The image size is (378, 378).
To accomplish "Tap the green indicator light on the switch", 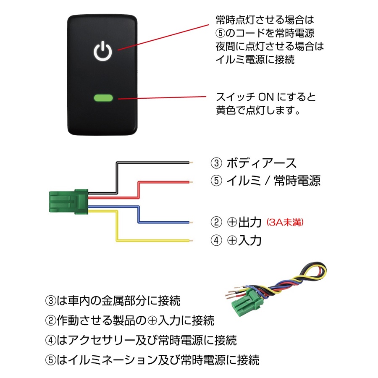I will pos(103,99).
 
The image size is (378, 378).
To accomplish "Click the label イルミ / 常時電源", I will pos(273,181).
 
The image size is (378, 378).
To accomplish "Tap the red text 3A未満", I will pos(285,222).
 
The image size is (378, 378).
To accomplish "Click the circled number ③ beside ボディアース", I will pos(215,163).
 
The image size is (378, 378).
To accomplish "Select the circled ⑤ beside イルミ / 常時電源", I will pos(215,181).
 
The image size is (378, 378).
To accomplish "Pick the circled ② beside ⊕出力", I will pos(215,222).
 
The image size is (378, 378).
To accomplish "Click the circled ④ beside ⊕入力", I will pos(215,240).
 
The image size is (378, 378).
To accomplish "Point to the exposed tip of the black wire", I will pos(191,163).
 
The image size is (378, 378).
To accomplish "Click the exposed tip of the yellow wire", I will pos(191,241).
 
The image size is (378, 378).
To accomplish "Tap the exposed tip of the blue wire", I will pos(191,222).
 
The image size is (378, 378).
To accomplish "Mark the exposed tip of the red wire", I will pos(191,181).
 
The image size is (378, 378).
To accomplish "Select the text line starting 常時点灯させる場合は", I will pos(265,20).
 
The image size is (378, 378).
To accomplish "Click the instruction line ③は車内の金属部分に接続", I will pos(113,301).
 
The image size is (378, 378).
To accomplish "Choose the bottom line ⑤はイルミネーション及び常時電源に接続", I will pos(152,360).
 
